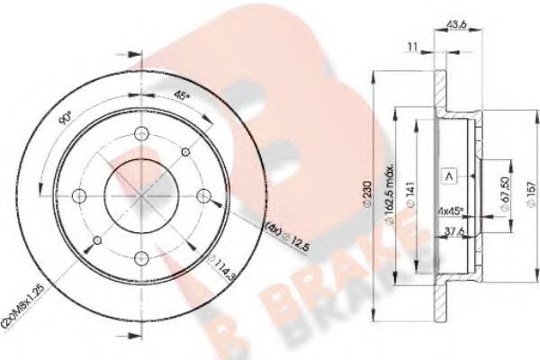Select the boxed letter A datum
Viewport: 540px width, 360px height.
click(447, 177)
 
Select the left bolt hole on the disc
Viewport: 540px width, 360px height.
click(81, 196)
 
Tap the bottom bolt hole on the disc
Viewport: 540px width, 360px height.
click(143, 259)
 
